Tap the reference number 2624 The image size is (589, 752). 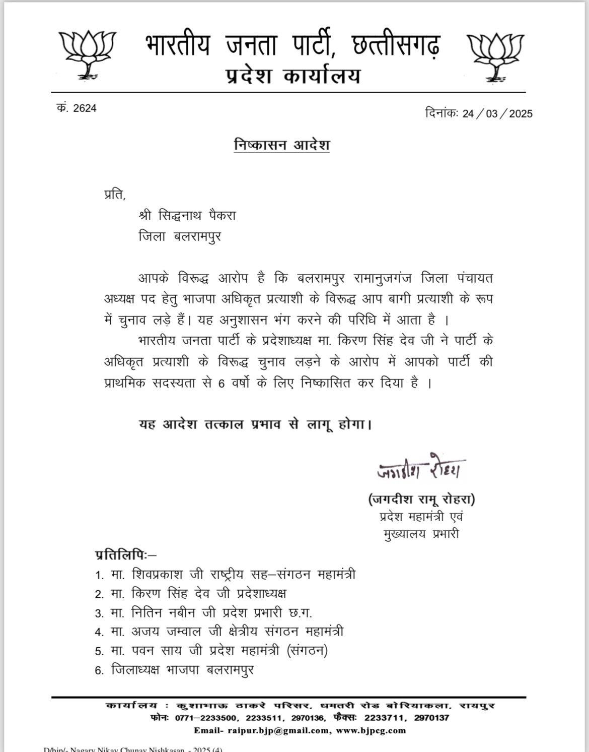[x=84, y=108]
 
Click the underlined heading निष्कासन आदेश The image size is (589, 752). [x=282, y=145]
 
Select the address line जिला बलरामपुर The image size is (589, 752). [x=180, y=236]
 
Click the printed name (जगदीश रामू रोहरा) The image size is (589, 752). [x=421, y=499]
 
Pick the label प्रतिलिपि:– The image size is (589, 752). [x=126, y=555]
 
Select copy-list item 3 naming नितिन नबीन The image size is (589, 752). [x=211, y=612]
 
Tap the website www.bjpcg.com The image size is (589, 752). [x=370, y=730]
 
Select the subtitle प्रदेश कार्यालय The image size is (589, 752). [x=292, y=77]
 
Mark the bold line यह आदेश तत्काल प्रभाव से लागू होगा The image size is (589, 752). [x=256, y=424]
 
